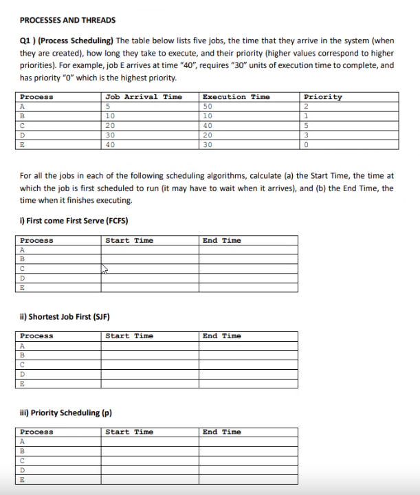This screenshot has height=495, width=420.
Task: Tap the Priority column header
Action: click(x=322, y=97)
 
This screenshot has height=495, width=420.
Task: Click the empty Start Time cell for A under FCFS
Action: click(x=150, y=250)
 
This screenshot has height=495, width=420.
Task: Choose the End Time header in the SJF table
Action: click(x=222, y=336)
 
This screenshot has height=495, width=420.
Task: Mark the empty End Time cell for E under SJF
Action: click(x=249, y=384)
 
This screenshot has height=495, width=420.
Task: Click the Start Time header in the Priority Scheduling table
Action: click(x=129, y=432)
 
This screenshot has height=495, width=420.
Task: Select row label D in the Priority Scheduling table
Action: click(x=23, y=471)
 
